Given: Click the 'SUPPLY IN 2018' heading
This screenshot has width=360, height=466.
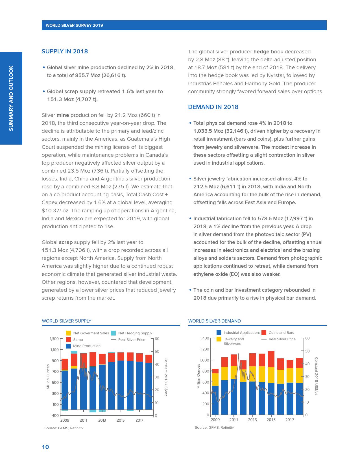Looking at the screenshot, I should pyautogui.click(x=65, y=51).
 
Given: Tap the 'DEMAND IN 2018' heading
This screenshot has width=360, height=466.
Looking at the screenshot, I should pyautogui.click(x=213, y=107).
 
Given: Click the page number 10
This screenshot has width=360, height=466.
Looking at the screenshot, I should pyautogui.click(x=45, y=447).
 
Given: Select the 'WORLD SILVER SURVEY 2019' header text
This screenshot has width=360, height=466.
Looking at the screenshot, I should pyautogui.click(x=74, y=25).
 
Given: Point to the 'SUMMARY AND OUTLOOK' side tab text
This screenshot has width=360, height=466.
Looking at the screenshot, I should pyautogui.click(x=11, y=98).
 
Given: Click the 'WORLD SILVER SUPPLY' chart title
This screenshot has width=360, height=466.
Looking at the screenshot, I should pyautogui.click(x=67, y=321).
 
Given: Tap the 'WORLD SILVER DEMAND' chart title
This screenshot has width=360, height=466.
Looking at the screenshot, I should pyautogui.click(x=215, y=321).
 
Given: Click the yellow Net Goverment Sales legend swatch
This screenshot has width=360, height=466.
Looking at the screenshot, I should pyautogui.click(x=69, y=333).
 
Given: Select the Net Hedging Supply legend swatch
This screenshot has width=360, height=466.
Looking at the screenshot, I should pyautogui.click(x=113, y=333).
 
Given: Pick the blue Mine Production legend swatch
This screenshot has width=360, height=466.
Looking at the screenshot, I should pyautogui.click(x=69, y=346).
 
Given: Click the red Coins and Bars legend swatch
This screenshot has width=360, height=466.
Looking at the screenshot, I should pyautogui.click(x=264, y=333).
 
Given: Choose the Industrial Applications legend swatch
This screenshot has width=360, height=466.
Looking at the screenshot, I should pyautogui.click(x=219, y=333).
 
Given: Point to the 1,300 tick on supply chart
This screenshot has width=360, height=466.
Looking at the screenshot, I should pyautogui.click(x=54, y=339).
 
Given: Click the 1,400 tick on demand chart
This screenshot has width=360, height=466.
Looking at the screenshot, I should pyautogui.click(x=204, y=338).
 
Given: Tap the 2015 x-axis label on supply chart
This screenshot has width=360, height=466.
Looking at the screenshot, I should pyautogui.click(x=121, y=420).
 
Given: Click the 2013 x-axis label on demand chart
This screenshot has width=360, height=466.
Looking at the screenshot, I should pyautogui.click(x=252, y=420).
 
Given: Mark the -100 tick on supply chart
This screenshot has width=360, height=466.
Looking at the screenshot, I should pyautogui.click(x=55, y=415).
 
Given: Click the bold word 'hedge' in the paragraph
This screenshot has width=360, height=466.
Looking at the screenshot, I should pyautogui.click(x=261, y=52).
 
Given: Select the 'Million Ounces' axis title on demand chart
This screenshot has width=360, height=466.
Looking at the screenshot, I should pyautogui.click(x=198, y=376).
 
